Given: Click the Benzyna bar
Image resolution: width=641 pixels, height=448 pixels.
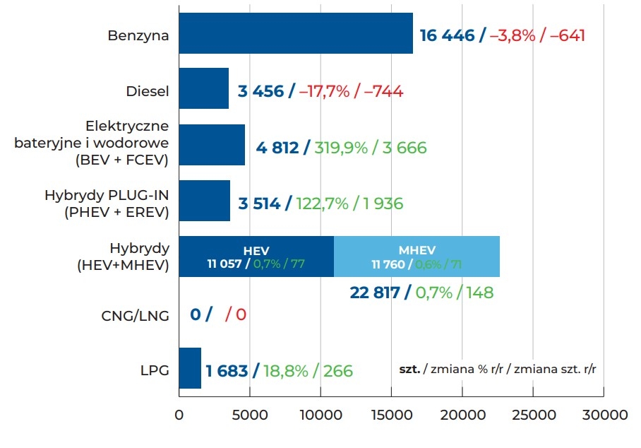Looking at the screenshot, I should (x=296, y=33).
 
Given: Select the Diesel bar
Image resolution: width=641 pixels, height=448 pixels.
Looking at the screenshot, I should (x=204, y=88).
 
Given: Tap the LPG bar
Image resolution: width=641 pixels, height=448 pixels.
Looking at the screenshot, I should (x=190, y=368).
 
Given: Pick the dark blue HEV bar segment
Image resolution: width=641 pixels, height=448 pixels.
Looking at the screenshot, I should (x=256, y=257).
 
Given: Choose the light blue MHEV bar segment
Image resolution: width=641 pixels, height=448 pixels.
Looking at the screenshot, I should (x=417, y=257).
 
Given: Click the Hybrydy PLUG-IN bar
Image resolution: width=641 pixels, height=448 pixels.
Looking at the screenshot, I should (x=205, y=201).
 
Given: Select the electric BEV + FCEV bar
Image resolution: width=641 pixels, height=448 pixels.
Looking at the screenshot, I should (x=212, y=145).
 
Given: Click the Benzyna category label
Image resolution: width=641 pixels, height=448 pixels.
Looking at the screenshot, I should (x=138, y=35).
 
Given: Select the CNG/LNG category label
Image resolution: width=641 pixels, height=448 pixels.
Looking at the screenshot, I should (x=135, y=315).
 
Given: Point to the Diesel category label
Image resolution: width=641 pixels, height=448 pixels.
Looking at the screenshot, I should (x=147, y=91).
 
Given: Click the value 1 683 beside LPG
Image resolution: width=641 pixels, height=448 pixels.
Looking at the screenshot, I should (x=227, y=371).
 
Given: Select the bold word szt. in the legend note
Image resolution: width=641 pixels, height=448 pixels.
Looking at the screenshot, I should (x=409, y=369).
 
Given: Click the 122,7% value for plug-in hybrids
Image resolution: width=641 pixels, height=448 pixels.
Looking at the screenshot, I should (x=323, y=204).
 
